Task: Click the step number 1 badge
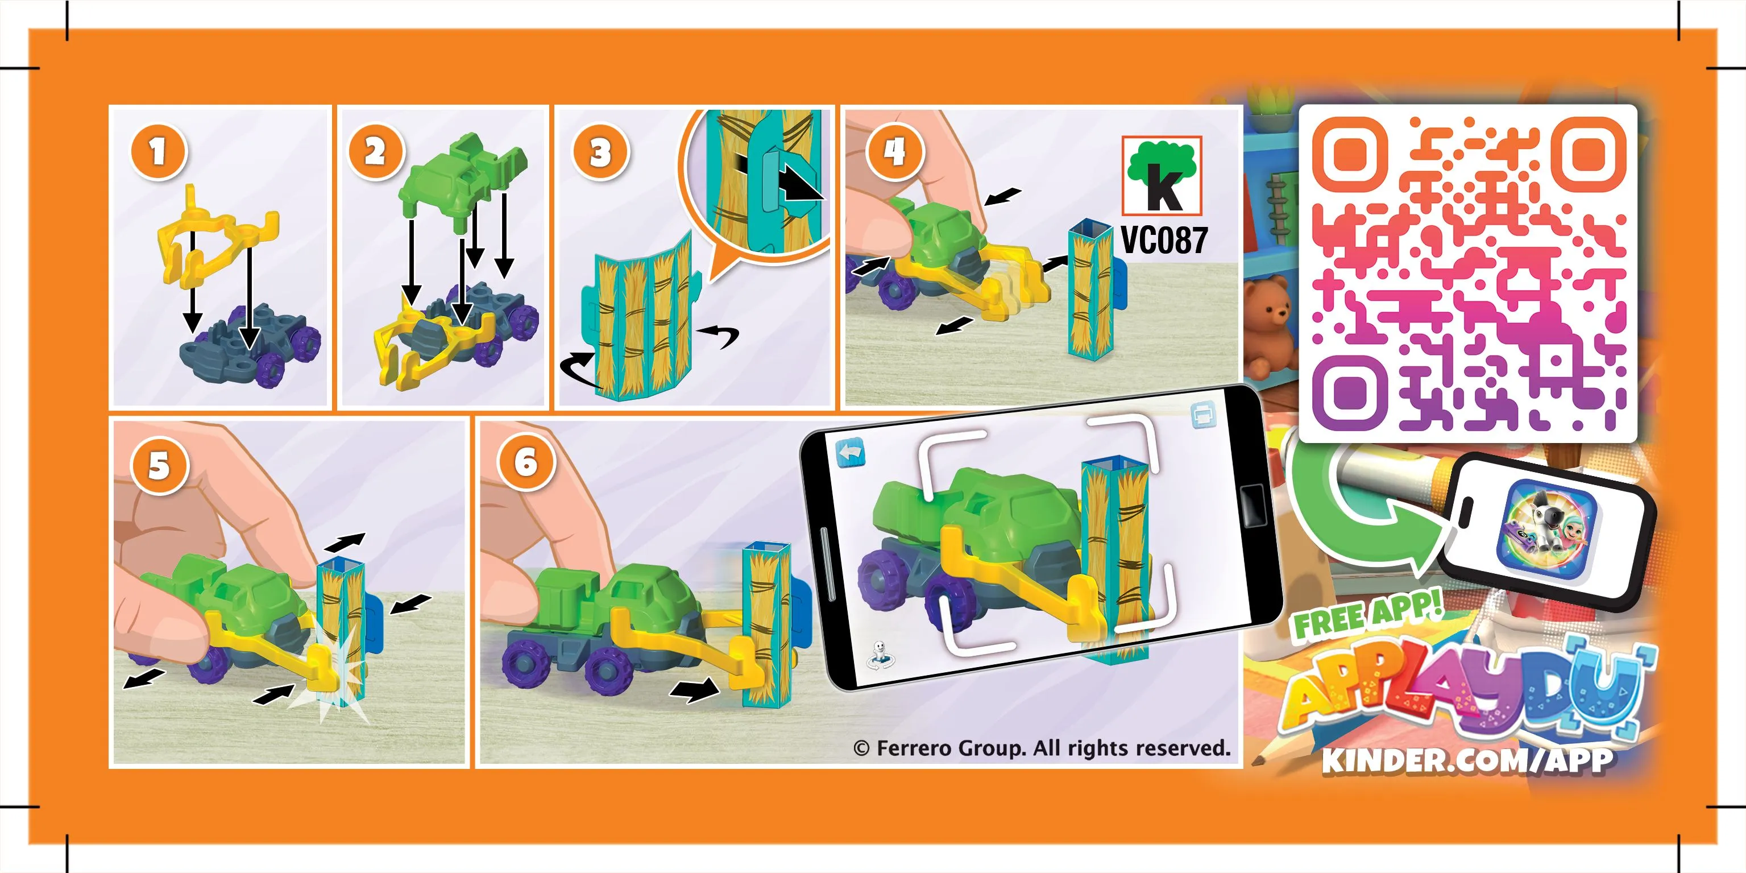(x=158, y=152)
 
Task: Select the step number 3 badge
(x=600, y=152)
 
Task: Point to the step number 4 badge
(x=895, y=152)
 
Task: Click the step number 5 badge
(x=159, y=466)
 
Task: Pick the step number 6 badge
(x=526, y=463)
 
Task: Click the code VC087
(x=1164, y=240)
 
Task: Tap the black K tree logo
(x=1162, y=176)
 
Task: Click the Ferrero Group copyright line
(x=1042, y=748)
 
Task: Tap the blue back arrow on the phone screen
(x=851, y=452)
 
